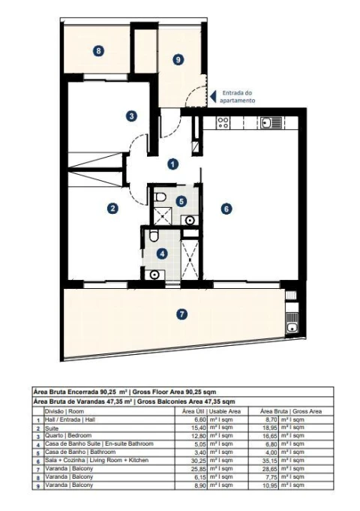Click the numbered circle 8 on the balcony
tap(97, 51)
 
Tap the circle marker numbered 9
tap(178, 59)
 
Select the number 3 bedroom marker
tap(131, 116)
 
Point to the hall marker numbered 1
tap(172, 163)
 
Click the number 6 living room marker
tap(225, 209)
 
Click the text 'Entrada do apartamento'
tap(239, 96)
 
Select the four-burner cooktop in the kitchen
tap(223, 122)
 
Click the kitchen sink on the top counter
tap(269, 122)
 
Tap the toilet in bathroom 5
tap(159, 197)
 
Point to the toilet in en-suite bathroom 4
tap(154, 237)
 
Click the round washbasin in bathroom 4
tap(154, 274)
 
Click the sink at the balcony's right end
tap(291, 325)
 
